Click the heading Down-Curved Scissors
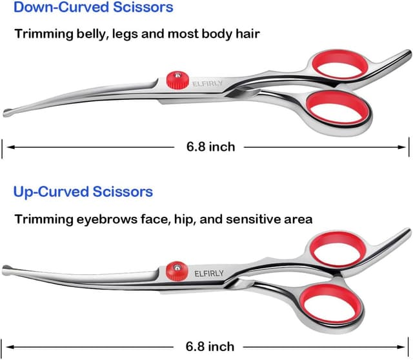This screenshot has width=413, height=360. point(94,8)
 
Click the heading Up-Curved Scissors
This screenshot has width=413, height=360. point(83,192)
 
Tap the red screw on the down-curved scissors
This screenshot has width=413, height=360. point(172,81)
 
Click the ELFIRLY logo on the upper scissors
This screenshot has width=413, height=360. point(206,83)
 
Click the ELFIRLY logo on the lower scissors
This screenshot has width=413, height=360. point(209,273)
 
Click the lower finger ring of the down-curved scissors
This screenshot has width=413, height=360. point(337,107)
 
